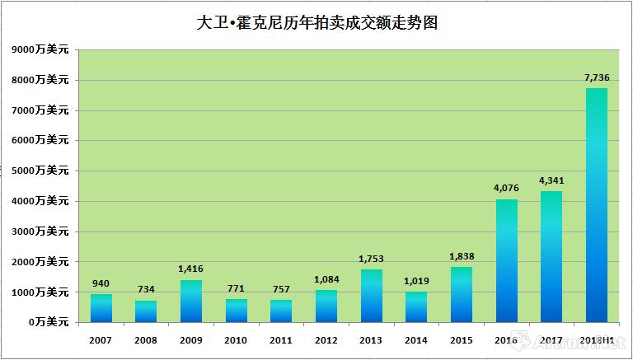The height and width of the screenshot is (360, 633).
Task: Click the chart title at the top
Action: (316, 22)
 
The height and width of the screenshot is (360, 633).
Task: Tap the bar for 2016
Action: (506, 260)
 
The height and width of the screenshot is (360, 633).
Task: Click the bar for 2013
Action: (371, 296)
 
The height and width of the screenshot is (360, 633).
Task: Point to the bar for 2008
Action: (146, 311)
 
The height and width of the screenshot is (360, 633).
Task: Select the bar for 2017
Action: (551, 256)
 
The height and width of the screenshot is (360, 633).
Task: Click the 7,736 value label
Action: (596, 77)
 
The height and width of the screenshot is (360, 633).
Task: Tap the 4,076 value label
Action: (506, 189)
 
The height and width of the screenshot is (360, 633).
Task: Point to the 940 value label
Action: (101, 283)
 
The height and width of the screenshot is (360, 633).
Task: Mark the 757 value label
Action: (281, 289)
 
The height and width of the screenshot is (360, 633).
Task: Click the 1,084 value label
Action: (326, 279)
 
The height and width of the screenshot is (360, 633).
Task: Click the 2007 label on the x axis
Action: (101, 339)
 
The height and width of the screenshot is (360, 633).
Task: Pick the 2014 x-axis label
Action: (416, 339)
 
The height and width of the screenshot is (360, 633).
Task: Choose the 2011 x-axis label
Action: (281, 339)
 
